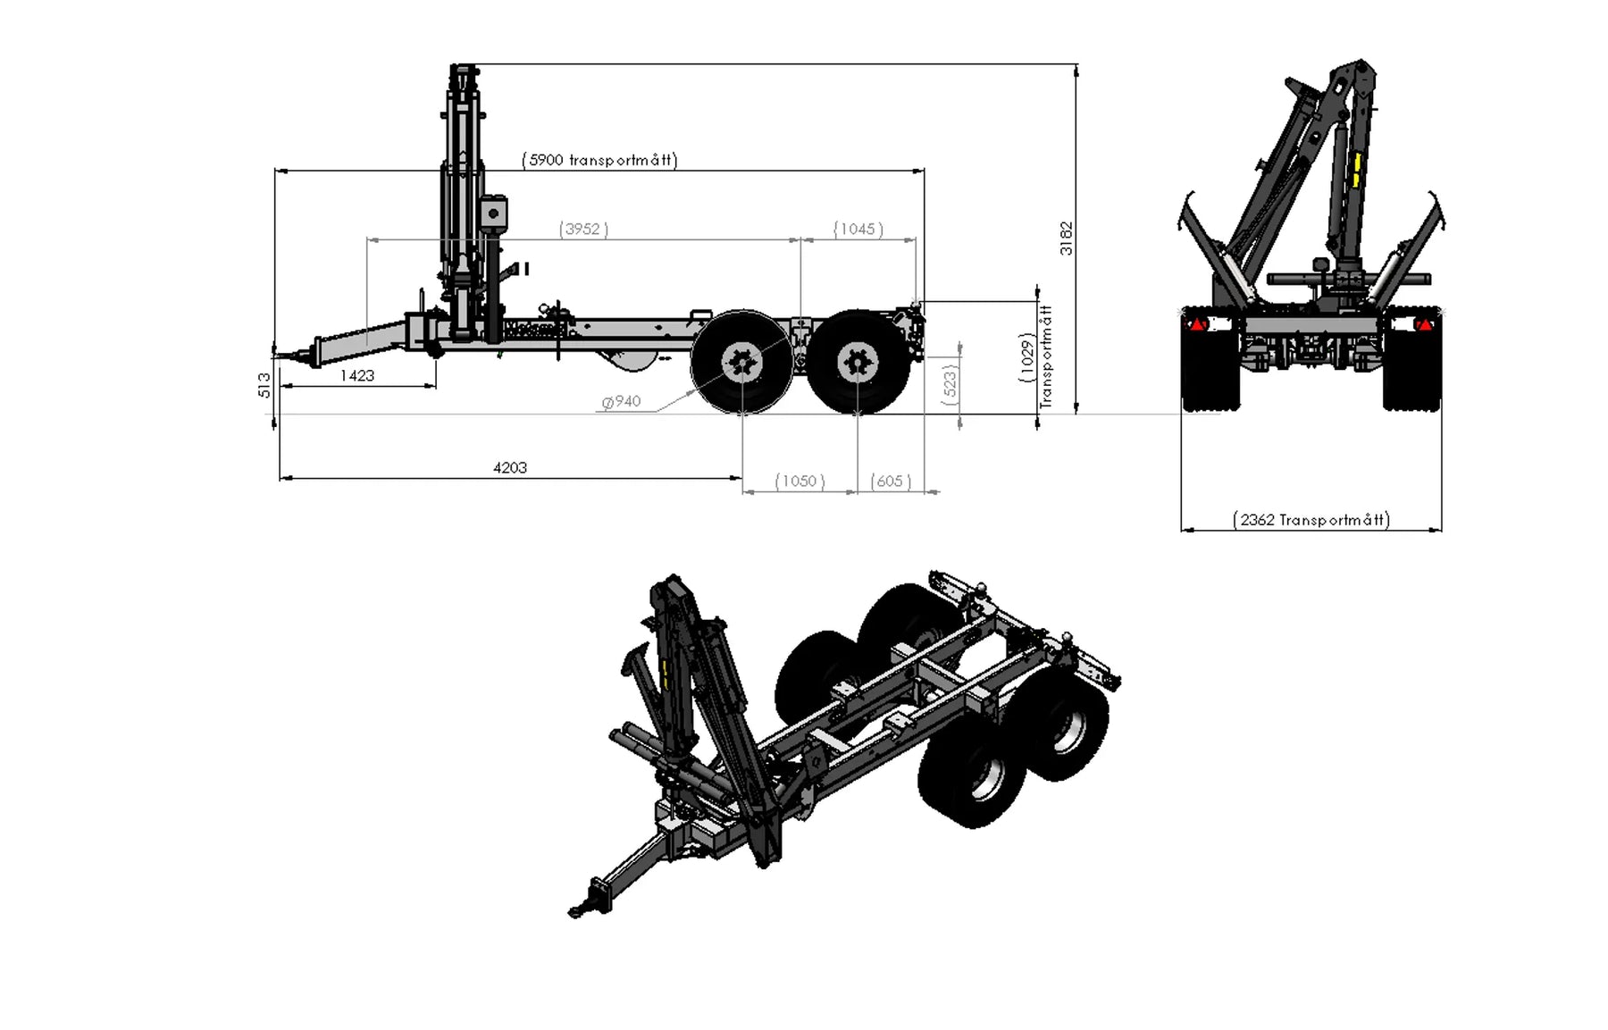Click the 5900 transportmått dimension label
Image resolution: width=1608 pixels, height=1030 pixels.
[x=599, y=160]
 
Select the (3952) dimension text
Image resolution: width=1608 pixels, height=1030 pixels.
[x=583, y=229]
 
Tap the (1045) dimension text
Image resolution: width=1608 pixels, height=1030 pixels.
[x=858, y=229]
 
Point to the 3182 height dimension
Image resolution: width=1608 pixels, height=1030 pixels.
[x=1066, y=239]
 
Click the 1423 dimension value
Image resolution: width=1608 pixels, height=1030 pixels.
[x=356, y=375]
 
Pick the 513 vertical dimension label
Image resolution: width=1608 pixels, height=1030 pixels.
[x=264, y=385]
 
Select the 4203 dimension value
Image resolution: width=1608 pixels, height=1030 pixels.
[x=510, y=467]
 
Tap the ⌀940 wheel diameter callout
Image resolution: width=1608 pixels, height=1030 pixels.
[x=622, y=401]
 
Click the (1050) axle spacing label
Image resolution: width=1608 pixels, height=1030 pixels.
[x=799, y=481]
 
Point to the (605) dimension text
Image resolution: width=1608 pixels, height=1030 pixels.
[x=890, y=481]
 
